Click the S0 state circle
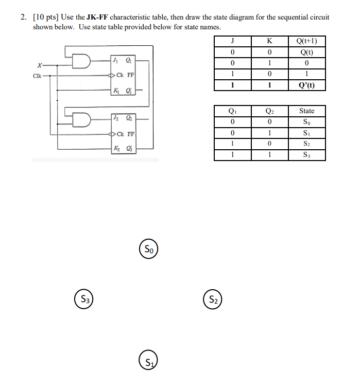pos(149,249)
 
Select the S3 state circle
pos(84,298)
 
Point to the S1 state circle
pos(148,359)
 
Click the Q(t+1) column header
pos(306,42)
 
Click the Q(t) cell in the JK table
pos(306,52)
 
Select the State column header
pos(306,111)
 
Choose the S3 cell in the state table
pos(306,155)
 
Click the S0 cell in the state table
pos(306,122)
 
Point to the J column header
pos(233,42)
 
